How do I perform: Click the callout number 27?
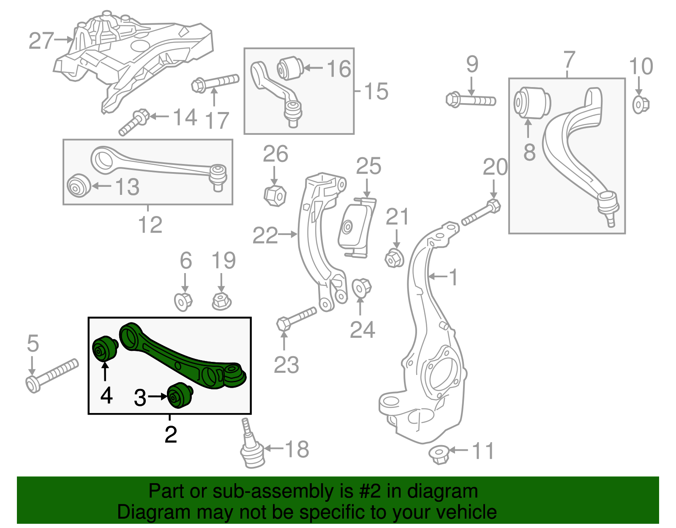pyautogui.click(x=41, y=41)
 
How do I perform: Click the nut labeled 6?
pyautogui.click(x=183, y=301)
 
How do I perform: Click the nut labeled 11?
pyautogui.click(x=439, y=454)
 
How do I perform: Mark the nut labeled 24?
pyautogui.click(x=361, y=288)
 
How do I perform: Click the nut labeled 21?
pyautogui.click(x=395, y=257)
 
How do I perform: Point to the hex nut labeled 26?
pyautogui.click(x=275, y=195)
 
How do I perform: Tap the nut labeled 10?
pyautogui.click(x=640, y=104)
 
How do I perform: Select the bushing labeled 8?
pyautogui.click(x=532, y=103)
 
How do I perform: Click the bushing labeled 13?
pyautogui.click(x=79, y=185)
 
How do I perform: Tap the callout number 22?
pyautogui.click(x=265, y=235)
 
